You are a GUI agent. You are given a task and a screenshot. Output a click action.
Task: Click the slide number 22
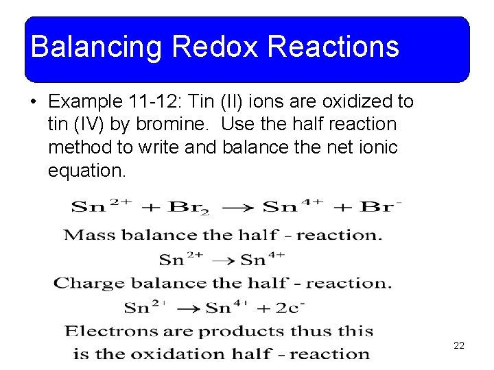click(459, 345)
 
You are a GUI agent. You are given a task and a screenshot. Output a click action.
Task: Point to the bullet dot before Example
click(33, 102)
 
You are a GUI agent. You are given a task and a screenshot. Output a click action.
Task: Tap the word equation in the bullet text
click(86, 170)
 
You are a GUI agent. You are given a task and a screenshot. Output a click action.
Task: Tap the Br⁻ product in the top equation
click(381, 206)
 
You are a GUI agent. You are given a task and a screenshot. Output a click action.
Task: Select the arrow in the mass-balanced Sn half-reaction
click(222, 260)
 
